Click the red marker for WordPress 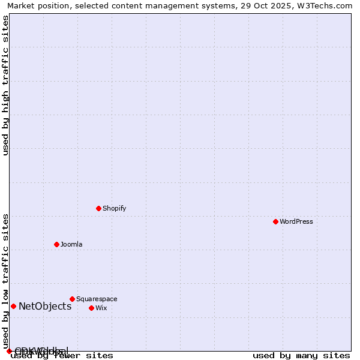275,221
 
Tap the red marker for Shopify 98,208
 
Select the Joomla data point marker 56,244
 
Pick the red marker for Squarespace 72,299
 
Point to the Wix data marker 91,308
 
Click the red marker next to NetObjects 13,306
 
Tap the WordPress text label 296,221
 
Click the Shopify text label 114,208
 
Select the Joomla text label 71,244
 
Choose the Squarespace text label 97,299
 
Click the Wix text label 101,308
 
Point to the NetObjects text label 45,306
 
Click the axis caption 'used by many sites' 301,356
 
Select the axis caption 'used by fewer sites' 62,356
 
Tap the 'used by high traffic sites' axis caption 6,85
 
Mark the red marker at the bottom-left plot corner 9,351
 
